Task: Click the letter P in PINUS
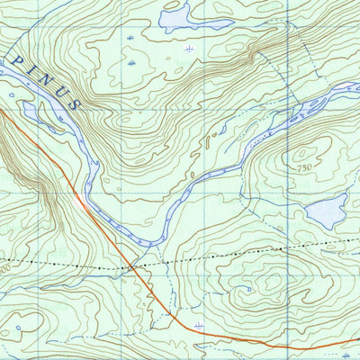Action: point(17,59)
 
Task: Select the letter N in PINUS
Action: point(42,80)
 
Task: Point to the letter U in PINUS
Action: point(58,93)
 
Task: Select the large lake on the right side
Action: point(326,213)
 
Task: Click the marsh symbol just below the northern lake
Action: point(188,48)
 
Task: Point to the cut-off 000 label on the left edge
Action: point(4,268)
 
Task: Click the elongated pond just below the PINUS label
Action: point(36,111)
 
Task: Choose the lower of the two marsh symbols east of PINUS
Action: point(132,65)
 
